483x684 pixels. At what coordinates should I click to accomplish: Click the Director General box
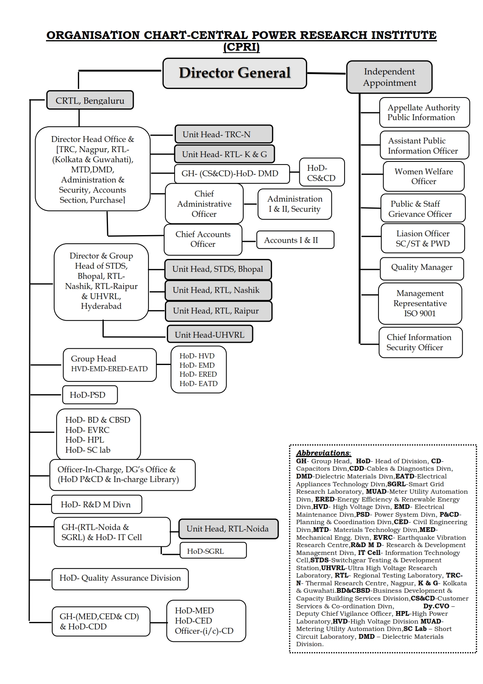pos(235,73)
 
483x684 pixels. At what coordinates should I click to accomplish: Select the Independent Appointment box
pos(389,77)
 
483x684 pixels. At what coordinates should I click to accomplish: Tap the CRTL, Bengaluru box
pos(90,101)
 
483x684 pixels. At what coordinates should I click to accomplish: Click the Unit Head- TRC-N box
pos(223,135)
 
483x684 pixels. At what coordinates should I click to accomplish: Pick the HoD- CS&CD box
pos(322,173)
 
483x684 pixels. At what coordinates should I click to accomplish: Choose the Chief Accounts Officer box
pos(203,239)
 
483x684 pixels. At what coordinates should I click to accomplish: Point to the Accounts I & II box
pos(295,240)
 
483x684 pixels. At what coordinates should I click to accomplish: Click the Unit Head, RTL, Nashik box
pos(218,290)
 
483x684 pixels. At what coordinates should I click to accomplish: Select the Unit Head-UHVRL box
pos(210,335)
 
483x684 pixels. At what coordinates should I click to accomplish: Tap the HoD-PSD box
pos(90,395)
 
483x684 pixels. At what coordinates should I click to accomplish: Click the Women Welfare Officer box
pos(423,176)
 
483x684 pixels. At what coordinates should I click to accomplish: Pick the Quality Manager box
pos(422,268)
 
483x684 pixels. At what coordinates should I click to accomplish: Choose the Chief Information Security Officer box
pos(420,342)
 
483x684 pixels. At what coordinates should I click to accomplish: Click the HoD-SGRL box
pos(213,551)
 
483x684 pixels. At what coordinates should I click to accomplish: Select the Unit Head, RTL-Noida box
pos(228,529)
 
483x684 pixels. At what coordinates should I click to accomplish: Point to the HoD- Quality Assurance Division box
pos(120,578)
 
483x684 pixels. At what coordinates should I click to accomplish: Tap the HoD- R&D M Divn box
pos(96,505)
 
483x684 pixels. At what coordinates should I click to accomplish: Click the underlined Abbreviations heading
pos(324,453)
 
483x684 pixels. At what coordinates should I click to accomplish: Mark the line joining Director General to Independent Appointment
pos(327,73)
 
